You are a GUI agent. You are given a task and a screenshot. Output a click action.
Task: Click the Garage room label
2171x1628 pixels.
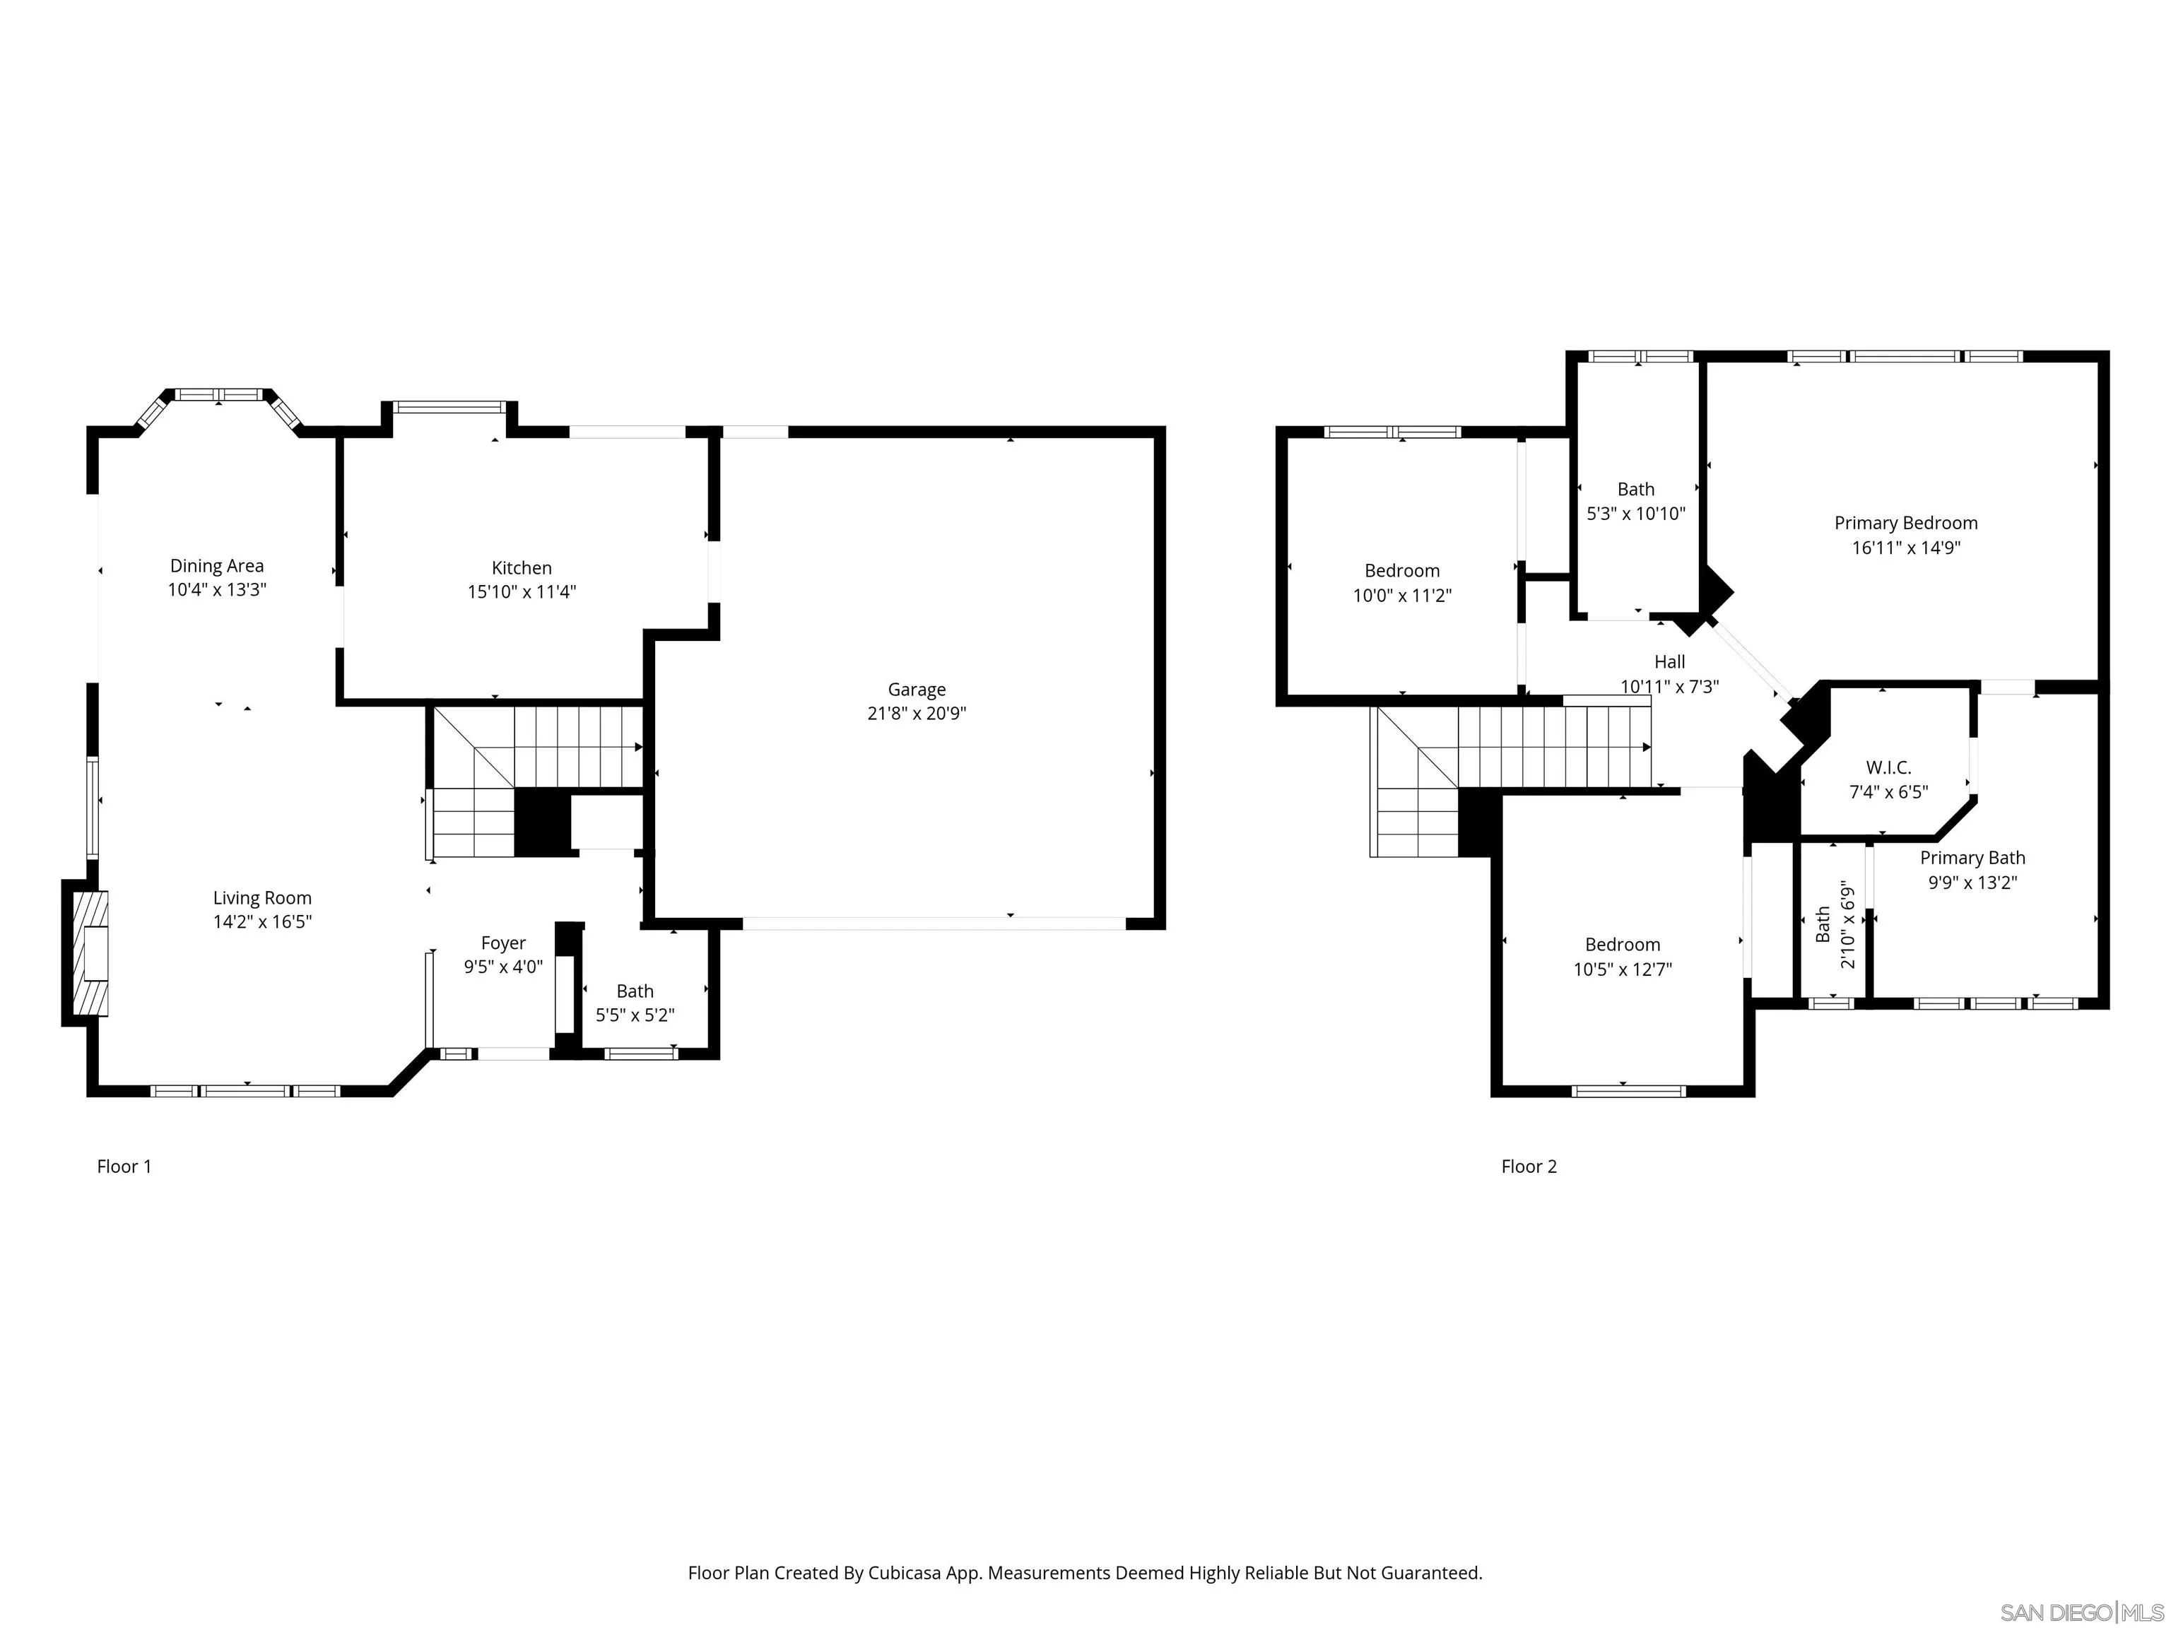917,690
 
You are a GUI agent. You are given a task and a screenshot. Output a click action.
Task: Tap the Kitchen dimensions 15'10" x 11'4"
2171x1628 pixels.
521,591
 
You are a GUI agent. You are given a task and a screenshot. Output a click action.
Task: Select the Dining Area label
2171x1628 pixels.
217,565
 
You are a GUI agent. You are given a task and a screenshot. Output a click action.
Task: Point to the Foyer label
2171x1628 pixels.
502,943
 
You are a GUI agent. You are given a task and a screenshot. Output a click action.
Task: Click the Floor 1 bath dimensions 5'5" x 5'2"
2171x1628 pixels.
635,1015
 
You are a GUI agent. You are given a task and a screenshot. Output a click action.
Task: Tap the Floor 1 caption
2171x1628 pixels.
124,1166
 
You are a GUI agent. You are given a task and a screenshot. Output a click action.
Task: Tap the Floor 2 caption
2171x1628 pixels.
1528,1166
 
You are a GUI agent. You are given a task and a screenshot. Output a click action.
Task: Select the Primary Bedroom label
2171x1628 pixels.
1905,523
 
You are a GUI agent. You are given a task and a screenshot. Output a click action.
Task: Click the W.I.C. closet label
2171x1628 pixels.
1888,767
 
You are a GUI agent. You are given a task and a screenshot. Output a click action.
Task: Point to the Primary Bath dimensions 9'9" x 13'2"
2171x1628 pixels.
1972,883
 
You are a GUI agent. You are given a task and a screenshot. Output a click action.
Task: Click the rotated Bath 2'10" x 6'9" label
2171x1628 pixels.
1835,924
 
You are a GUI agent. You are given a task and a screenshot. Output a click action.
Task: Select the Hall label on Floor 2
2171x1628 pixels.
1669,661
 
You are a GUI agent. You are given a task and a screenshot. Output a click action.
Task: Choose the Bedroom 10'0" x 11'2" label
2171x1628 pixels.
1401,571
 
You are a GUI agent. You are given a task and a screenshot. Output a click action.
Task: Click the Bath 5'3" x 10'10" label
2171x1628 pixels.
1635,489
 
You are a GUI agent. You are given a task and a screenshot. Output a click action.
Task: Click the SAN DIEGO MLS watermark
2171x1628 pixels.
2081,1612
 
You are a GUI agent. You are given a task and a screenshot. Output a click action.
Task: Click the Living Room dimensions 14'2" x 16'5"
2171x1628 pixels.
262,921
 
